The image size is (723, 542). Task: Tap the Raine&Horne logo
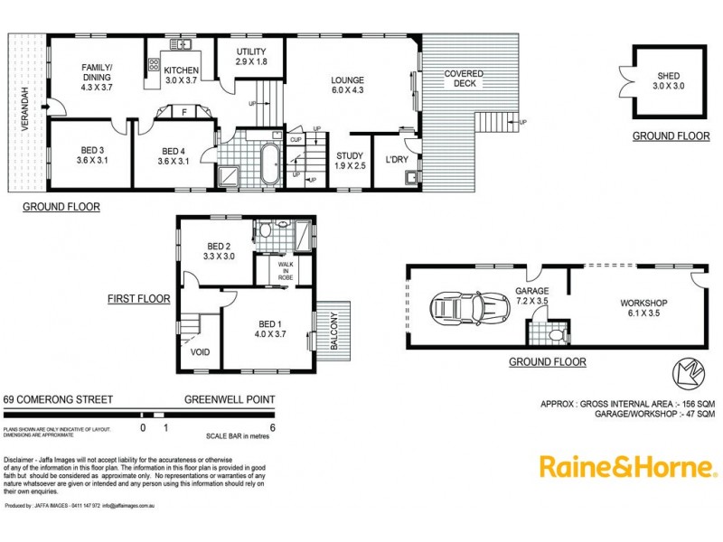[628, 466]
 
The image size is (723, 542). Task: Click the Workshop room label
[643, 303]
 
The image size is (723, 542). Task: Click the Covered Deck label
[464, 79]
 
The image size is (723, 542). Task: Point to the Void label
[201, 353]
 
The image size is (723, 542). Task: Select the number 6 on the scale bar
[272, 428]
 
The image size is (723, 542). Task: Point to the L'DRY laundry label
[398, 160]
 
